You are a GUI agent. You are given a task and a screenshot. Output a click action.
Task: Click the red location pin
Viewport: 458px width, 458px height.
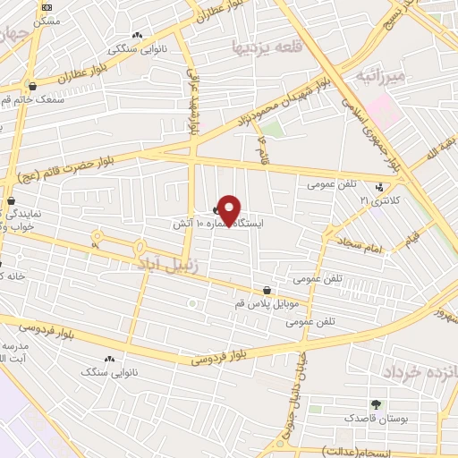pos(229,210)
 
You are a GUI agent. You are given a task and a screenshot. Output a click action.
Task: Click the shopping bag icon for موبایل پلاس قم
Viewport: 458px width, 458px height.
pos(267,289)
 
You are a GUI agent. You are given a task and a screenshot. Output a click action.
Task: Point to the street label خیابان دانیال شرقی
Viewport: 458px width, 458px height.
pos(293,386)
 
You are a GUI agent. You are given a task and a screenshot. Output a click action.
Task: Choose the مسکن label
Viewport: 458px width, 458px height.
pos(45,19)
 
